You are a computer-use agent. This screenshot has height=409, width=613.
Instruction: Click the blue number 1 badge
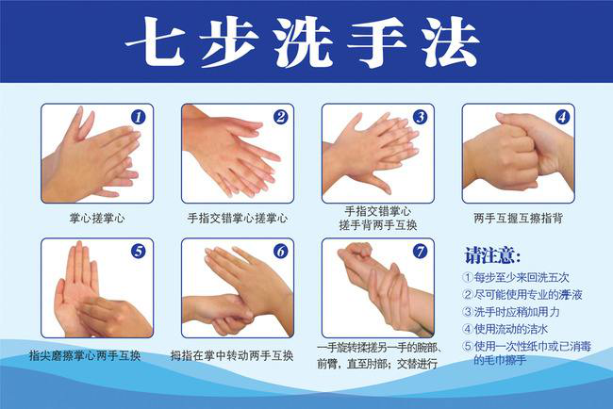138,117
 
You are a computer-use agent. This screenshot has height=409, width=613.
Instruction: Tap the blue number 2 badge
280,117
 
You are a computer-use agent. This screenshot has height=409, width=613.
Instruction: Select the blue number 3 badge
421,117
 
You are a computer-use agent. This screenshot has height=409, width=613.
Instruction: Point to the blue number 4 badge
562,117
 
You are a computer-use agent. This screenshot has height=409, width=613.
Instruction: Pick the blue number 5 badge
138,252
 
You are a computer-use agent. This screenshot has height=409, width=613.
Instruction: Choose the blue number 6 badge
280,252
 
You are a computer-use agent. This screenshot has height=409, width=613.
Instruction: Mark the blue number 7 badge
421,252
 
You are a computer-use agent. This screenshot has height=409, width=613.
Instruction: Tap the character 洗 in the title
304,42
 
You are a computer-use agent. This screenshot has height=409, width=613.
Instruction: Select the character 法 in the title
451,42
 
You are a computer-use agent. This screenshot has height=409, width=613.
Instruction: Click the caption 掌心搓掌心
97,218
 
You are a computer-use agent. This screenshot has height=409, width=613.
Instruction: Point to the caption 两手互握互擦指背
518,218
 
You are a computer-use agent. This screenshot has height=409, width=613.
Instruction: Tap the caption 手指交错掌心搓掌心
238,218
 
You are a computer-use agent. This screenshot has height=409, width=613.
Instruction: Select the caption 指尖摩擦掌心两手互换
85,356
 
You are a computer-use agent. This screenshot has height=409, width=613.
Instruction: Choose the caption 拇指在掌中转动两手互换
231,356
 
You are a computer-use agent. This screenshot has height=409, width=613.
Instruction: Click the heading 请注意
492,256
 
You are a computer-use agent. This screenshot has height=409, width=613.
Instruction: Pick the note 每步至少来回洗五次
516,277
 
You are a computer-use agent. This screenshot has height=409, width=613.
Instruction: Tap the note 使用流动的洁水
505,329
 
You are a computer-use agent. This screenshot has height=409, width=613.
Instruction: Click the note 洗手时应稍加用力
511,312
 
